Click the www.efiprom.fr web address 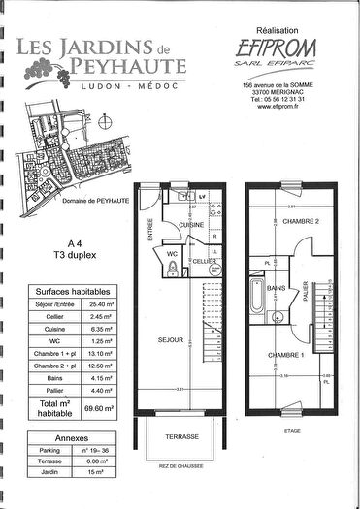[277, 107]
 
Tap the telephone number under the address [277, 99]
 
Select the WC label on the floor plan [172, 254]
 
